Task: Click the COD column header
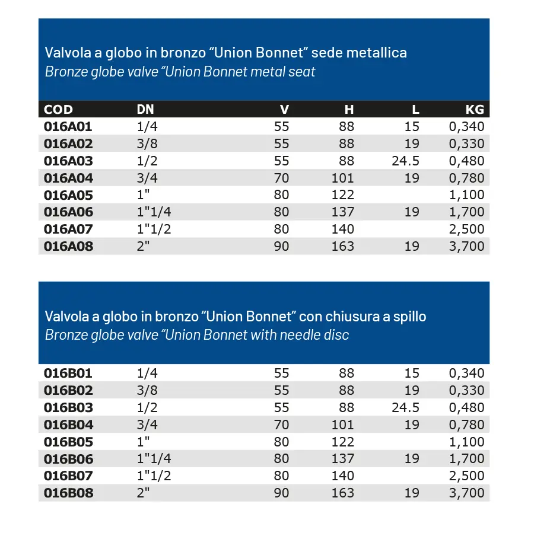pyautogui.click(x=59, y=109)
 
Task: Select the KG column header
pyautogui.click(x=475, y=109)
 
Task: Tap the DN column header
pyautogui.click(x=145, y=109)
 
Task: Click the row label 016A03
pyautogui.click(x=68, y=161)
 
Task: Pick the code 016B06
pyautogui.click(x=68, y=459)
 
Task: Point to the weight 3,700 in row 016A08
pyautogui.click(x=467, y=246)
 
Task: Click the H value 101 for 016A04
pyautogui.click(x=343, y=178)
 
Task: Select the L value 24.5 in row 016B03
pyautogui.click(x=406, y=408)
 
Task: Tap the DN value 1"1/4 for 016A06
pyautogui.click(x=154, y=212)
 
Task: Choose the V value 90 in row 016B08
pyautogui.click(x=282, y=493)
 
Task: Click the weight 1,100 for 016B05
pyautogui.click(x=467, y=442)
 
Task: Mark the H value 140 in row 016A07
pyautogui.click(x=343, y=229)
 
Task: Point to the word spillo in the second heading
pyautogui.click(x=409, y=316)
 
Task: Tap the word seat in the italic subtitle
pyautogui.click(x=303, y=72)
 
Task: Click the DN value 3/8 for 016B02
pyautogui.click(x=146, y=391)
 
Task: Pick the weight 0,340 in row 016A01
pyautogui.click(x=467, y=126)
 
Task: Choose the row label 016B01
pyautogui.click(x=68, y=374)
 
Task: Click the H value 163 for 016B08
pyautogui.click(x=343, y=493)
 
